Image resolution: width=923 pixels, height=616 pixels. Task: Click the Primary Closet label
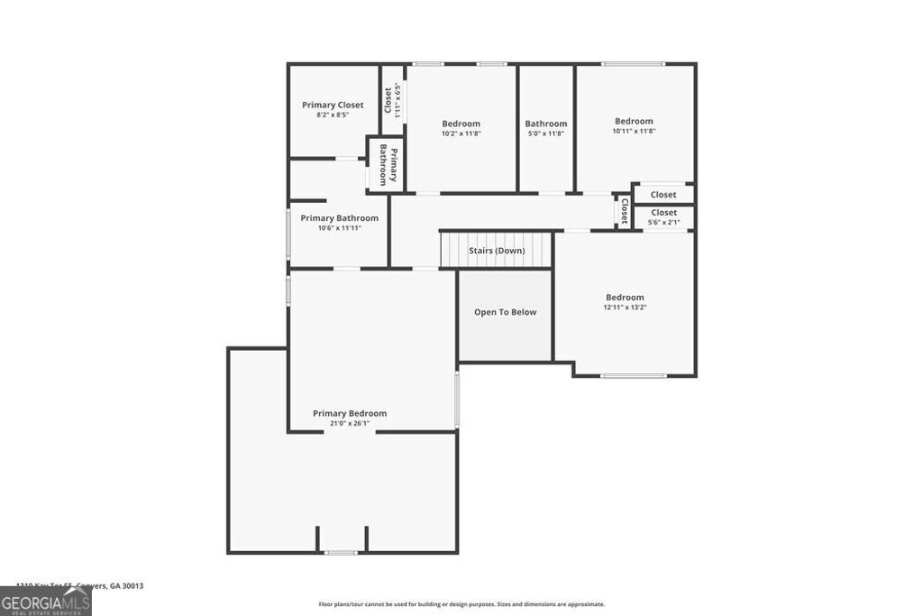click(333, 105)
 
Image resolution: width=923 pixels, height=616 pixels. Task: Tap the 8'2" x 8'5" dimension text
click(333, 115)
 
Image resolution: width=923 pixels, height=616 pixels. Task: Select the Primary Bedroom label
click(350, 413)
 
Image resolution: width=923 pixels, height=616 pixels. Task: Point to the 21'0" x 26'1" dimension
click(350, 423)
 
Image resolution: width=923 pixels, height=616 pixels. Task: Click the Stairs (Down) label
click(497, 250)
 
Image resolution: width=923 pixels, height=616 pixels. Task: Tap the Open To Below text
click(505, 312)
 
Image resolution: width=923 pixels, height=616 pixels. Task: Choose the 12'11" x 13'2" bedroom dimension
click(625, 308)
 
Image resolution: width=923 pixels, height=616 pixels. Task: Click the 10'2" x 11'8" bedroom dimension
click(461, 133)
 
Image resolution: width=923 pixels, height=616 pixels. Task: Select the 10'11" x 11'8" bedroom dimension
click(634, 131)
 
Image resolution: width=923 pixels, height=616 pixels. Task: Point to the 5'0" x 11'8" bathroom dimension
click(546, 133)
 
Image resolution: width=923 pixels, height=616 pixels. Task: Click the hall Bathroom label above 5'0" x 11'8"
click(546, 124)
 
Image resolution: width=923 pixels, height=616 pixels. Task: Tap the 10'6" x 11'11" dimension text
click(339, 228)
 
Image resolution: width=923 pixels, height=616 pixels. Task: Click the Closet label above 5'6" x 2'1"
click(663, 212)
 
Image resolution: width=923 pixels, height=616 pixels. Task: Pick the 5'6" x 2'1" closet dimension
click(663, 222)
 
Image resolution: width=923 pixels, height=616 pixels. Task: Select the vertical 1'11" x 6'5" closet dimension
click(398, 99)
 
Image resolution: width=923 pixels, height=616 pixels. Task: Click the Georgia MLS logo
click(45, 601)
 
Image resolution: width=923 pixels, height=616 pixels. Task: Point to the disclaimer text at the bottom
click(461, 604)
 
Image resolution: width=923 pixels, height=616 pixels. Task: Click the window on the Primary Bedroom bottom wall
click(341, 552)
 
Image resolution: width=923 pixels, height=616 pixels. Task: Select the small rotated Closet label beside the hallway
click(623, 210)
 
